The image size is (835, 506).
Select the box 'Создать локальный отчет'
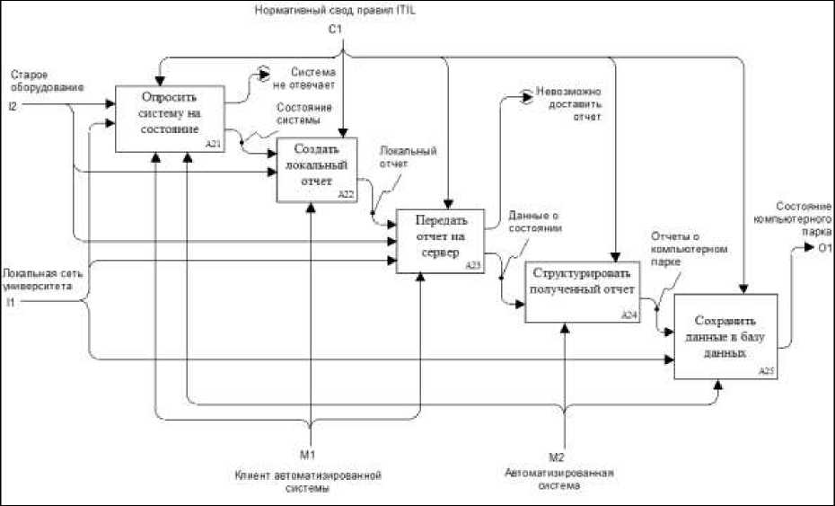[317, 168]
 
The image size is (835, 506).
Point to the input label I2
[13, 106]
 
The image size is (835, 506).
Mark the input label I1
[11, 301]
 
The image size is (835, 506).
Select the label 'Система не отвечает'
[312, 77]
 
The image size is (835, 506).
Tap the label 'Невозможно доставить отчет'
[567, 103]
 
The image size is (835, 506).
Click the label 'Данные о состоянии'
[535, 222]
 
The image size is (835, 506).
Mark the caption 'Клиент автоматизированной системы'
[308, 480]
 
